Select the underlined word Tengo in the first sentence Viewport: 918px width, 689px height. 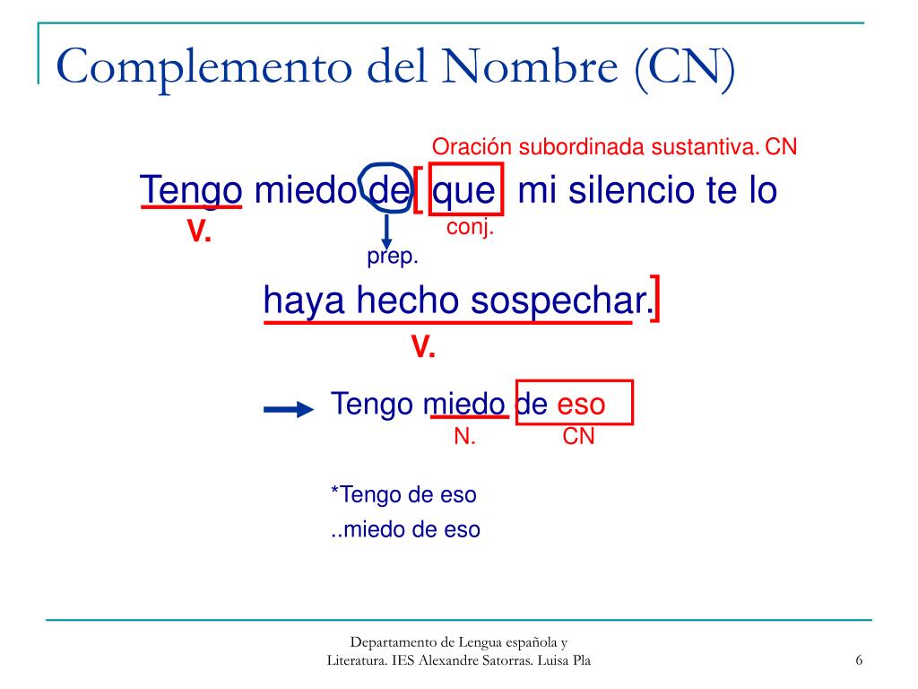[x=191, y=190]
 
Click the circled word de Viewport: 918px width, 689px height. [x=386, y=190]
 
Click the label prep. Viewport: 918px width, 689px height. [x=393, y=257]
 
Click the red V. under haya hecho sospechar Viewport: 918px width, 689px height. [x=423, y=347]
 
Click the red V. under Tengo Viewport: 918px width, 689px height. [x=198, y=233]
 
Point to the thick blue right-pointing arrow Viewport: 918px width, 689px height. [x=288, y=410]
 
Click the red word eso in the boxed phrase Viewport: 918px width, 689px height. [x=581, y=404]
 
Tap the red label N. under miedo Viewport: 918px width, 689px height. [x=464, y=437]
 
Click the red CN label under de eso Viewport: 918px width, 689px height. [x=578, y=437]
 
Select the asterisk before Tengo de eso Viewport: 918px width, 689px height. [x=335, y=493]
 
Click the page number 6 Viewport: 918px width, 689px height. [x=859, y=661]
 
